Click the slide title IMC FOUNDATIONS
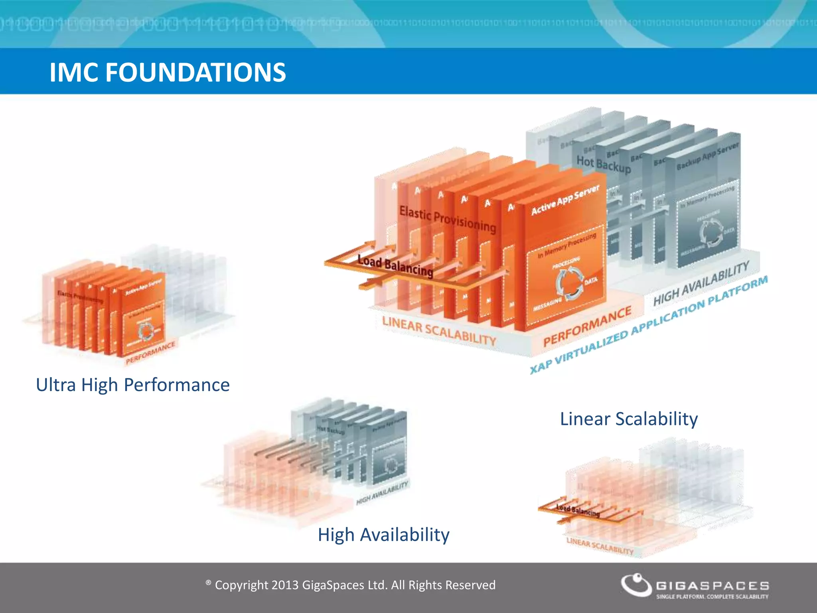[x=168, y=72]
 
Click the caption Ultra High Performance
[x=132, y=385]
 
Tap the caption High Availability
[x=383, y=535]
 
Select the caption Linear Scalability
[x=629, y=419]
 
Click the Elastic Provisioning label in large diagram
[x=448, y=219]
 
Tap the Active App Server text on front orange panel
[x=565, y=200]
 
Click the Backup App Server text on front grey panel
[x=708, y=156]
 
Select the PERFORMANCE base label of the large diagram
[x=587, y=326]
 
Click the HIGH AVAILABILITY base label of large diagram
[x=701, y=283]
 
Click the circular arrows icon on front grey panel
[x=710, y=233]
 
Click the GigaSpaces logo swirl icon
[x=636, y=585]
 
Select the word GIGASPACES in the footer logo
[x=712, y=585]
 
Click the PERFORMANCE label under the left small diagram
[x=150, y=353]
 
